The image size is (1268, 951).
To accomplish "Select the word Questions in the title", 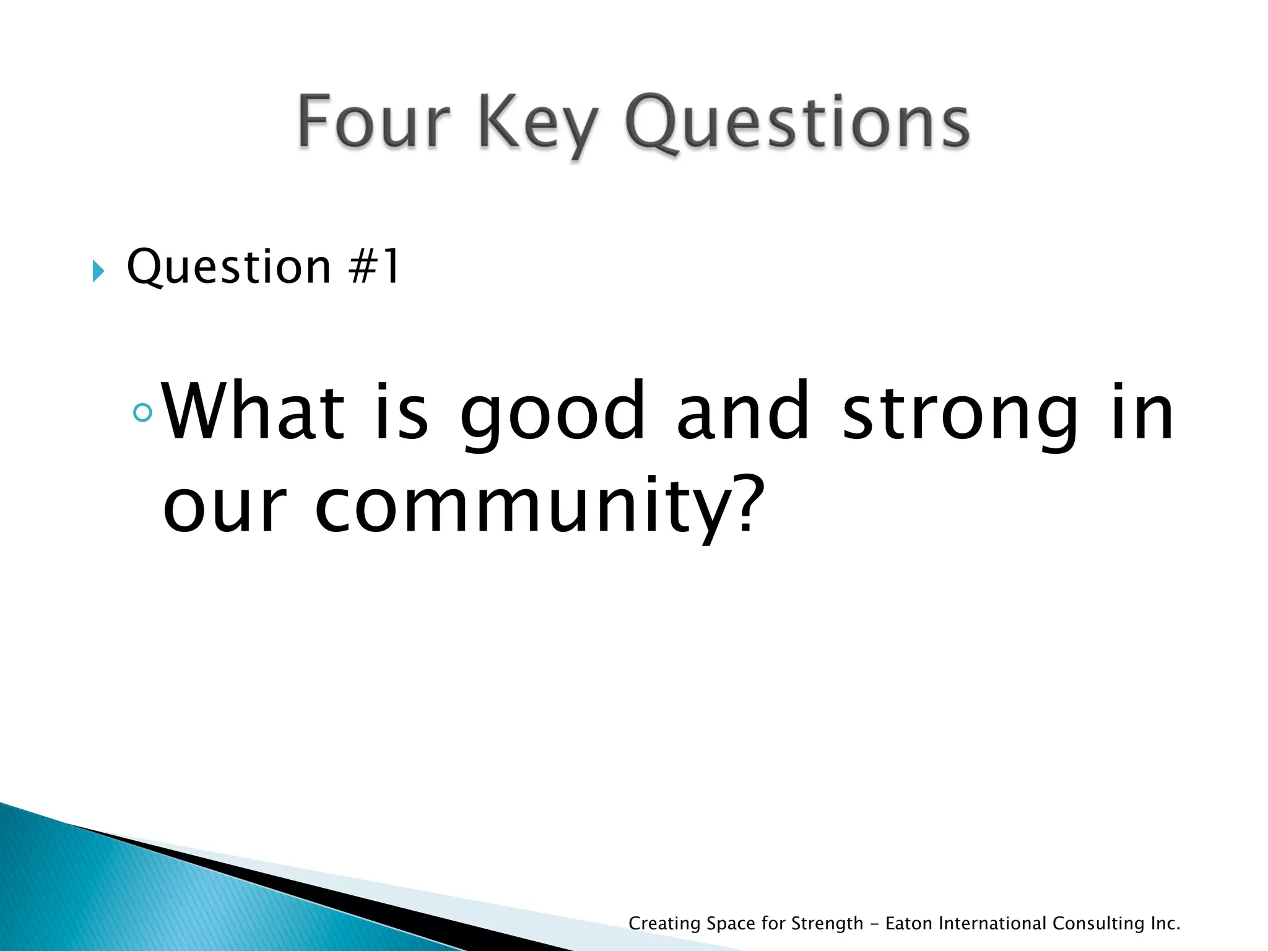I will pos(797,123).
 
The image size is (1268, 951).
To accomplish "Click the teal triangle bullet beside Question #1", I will pos(98,271).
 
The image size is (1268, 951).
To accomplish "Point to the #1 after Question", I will pos(375,267).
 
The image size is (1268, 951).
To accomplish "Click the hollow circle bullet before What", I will pos(143,412).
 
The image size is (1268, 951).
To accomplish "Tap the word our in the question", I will pos(225,506).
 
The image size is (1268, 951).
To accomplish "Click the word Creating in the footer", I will pos(664,924).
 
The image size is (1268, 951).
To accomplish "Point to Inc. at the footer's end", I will pos(1165,923).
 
